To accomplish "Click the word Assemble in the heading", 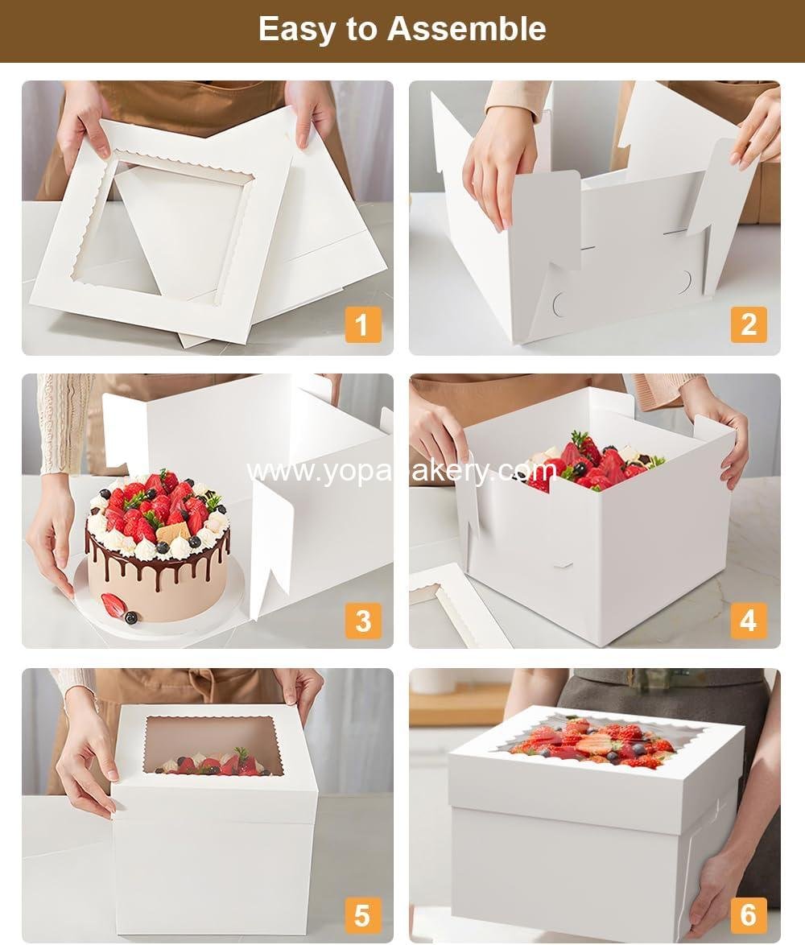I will point(466,29).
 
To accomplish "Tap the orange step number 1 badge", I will point(362,325).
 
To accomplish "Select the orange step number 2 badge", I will point(749,324).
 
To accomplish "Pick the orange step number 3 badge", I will point(362,621).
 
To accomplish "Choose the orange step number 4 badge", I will point(749,621).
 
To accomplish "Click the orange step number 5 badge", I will point(362,915).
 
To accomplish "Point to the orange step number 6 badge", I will point(749,915).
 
